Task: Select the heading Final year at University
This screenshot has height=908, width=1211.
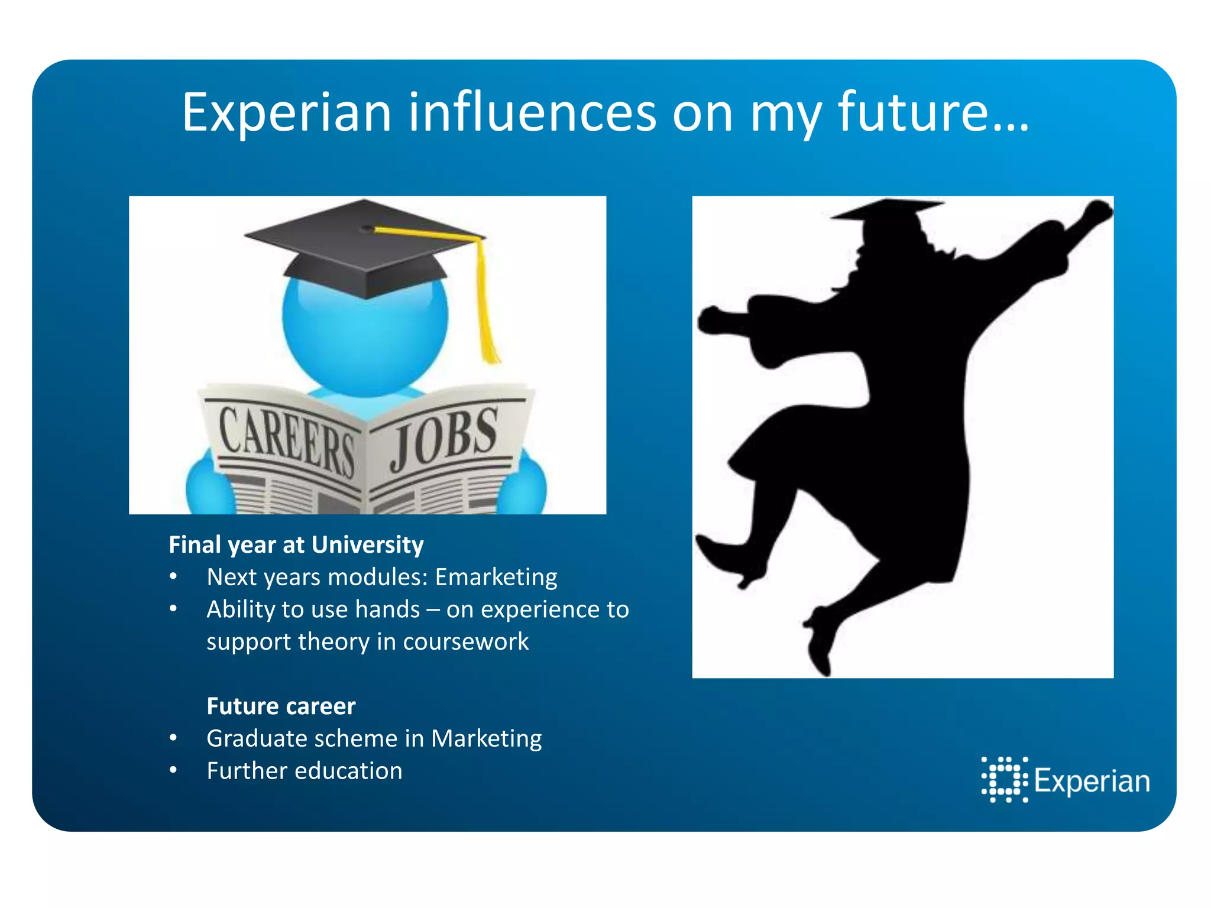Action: coord(296,544)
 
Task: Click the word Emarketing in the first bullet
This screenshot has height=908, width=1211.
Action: coord(496,577)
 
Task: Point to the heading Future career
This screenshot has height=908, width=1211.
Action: coord(281,706)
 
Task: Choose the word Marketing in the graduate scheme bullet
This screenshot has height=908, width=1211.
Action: coord(486,738)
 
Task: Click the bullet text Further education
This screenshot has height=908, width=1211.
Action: coord(305,771)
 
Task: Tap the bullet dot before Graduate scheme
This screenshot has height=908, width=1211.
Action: coord(173,738)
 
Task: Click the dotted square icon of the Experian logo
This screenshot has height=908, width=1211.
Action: coord(1005,780)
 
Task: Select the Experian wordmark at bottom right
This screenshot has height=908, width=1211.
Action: coord(1092,781)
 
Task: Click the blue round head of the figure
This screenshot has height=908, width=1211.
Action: coord(365,337)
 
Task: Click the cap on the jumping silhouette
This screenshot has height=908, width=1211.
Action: coord(887,213)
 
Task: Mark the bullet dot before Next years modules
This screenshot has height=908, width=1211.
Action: coord(173,576)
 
